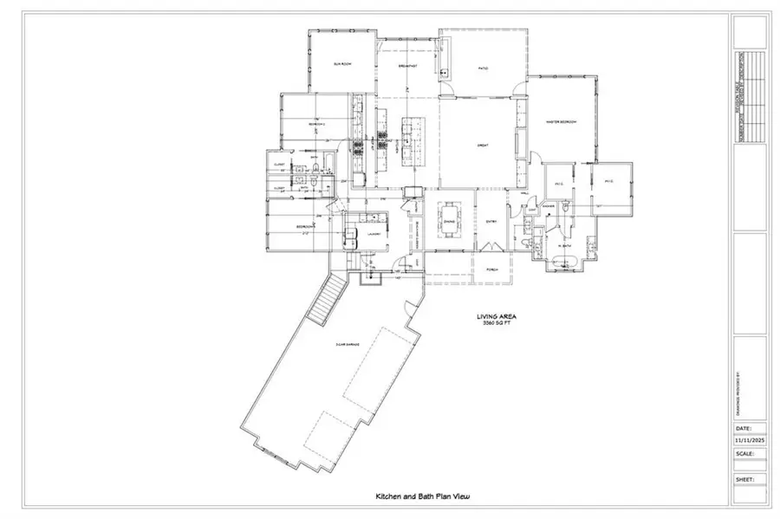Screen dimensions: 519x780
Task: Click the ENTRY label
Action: pyautogui.click(x=490, y=222)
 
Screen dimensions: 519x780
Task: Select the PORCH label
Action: pyautogui.click(x=491, y=269)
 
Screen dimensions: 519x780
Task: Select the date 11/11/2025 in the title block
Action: pyautogui.click(x=750, y=440)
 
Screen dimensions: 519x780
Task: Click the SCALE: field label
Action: pyautogui.click(x=744, y=452)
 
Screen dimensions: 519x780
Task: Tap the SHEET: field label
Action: pyautogui.click(x=744, y=478)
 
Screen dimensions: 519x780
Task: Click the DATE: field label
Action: pyautogui.click(x=743, y=428)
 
